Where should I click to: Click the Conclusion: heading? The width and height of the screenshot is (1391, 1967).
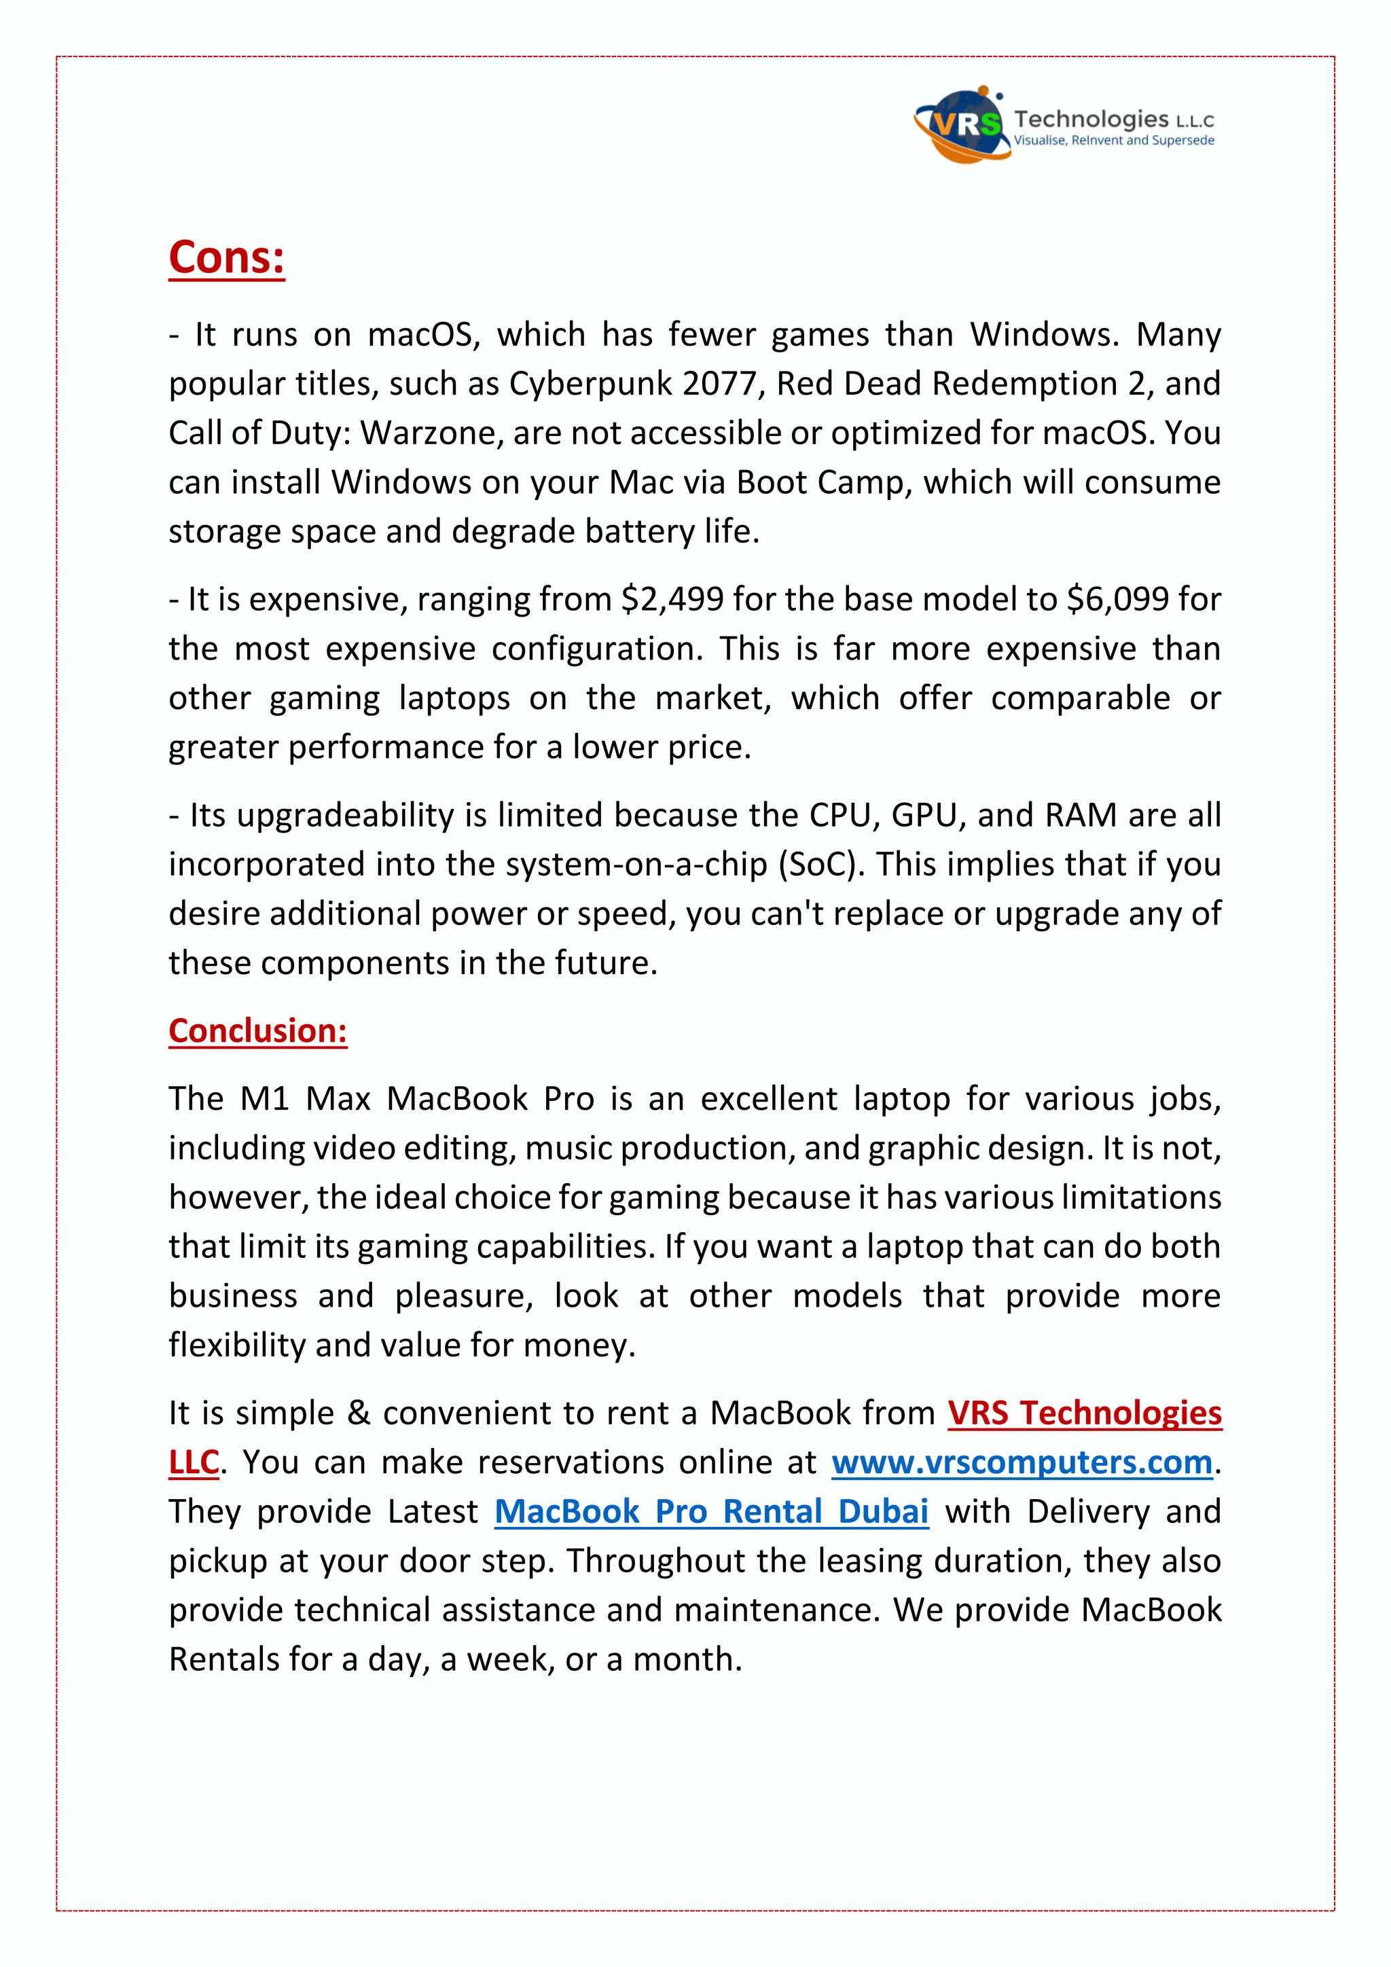tap(258, 1030)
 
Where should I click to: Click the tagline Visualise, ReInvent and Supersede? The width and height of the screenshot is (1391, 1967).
tap(1113, 141)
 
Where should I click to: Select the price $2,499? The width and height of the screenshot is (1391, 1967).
tap(672, 599)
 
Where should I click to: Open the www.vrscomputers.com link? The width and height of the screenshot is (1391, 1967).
tap(1022, 1462)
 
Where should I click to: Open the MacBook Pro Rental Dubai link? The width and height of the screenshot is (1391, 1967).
tap(711, 1511)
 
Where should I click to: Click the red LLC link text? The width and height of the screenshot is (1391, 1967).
tap(194, 1462)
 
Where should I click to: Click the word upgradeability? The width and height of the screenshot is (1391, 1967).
tap(345, 815)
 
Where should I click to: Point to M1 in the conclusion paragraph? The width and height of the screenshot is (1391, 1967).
tap(265, 1098)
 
